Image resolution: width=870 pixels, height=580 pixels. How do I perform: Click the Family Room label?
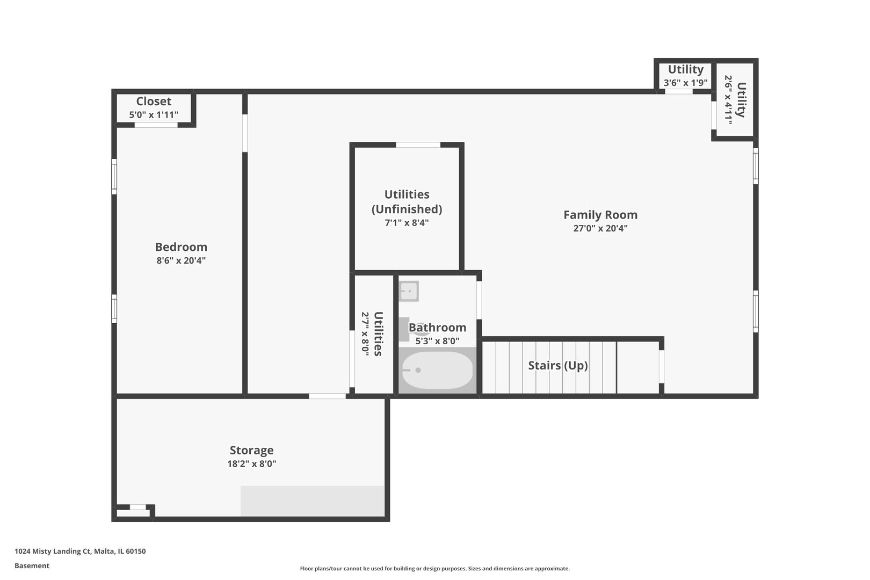pyautogui.click(x=600, y=215)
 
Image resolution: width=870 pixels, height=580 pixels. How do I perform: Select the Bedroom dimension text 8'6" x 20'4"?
pyautogui.click(x=181, y=261)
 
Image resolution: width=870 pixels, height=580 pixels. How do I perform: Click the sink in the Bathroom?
pyautogui.click(x=409, y=292)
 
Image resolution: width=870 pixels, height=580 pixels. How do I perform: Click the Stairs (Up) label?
pyautogui.click(x=557, y=366)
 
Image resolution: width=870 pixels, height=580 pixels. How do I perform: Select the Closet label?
pyautogui.click(x=154, y=102)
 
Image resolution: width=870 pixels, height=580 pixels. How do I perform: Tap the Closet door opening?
pyautogui.click(x=156, y=125)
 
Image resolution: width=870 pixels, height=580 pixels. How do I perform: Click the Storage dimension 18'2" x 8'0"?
pyautogui.click(x=251, y=464)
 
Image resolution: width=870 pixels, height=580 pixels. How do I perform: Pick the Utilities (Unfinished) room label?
pyautogui.click(x=407, y=201)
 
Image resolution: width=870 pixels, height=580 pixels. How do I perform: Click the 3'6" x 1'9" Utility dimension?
pyautogui.click(x=685, y=83)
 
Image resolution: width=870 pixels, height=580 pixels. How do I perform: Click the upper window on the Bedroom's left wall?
pyautogui.click(x=114, y=176)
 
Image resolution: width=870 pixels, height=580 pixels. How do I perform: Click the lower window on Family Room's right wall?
pyautogui.click(x=756, y=311)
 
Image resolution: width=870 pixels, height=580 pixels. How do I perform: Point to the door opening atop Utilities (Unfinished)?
pyautogui.click(x=418, y=145)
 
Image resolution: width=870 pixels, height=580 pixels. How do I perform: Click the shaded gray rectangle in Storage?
pyautogui.click(x=312, y=501)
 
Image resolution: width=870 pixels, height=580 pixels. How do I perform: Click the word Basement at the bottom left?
pyautogui.click(x=32, y=565)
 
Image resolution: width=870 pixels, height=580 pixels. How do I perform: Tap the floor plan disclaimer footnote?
pyautogui.click(x=434, y=568)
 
